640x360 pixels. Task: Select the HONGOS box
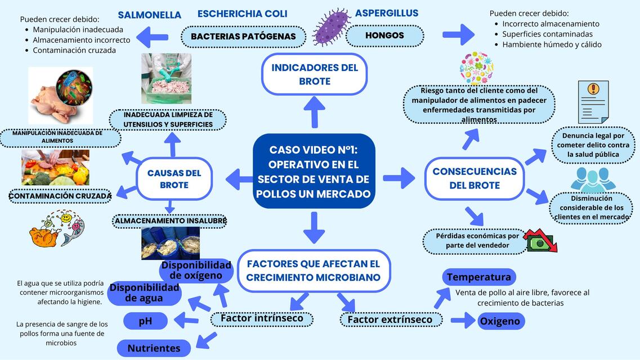(x=384, y=36)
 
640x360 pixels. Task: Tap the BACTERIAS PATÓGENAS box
(x=243, y=37)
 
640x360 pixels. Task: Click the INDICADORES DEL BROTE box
(x=315, y=74)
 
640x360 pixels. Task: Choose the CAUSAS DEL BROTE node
(x=174, y=179)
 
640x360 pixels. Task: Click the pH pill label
(x=145, y=321)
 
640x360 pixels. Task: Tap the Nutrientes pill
(x=154, y=348)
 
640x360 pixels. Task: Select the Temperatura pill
(x=478, y=277)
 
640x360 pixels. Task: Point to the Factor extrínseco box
(x=390, y=319)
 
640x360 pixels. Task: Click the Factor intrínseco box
(x=262, y=318)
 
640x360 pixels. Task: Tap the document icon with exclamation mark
(x=593, y=101)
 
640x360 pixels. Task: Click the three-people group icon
(x=593, y=179)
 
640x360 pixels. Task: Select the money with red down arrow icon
(x=540, y=240)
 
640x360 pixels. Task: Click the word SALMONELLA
(x=149, y=15)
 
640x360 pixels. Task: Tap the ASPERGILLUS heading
(x=387, y=13)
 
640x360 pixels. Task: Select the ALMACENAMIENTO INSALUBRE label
(x=170, y=221)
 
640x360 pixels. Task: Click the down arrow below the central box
(x=314, y=227)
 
